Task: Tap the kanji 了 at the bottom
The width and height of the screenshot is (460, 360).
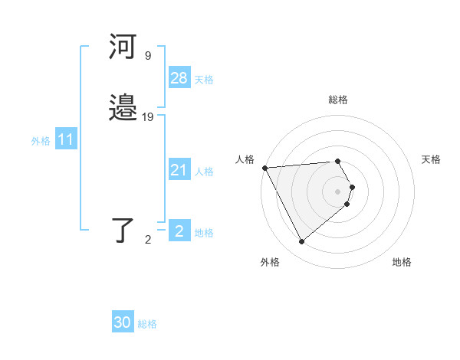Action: [x=123, y=229]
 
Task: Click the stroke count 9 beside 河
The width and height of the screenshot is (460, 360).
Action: [x=147, y=55]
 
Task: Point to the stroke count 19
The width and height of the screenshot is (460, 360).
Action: [x=148, y=117]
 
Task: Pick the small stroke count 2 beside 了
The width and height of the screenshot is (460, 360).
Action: [x=148, y=240]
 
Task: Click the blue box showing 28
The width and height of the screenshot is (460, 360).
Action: [x=179, y=78]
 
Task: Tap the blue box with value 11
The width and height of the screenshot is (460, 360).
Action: [x=66, y=140]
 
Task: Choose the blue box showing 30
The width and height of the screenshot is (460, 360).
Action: [x=123, y=322]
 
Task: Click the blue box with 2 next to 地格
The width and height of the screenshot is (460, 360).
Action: [x=179, y=231]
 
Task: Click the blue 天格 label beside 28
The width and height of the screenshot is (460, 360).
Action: [x=204, y=80]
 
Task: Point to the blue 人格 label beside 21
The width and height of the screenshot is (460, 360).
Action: [x=204, y=172]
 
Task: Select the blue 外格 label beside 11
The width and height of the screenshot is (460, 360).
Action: [x=41, y=141]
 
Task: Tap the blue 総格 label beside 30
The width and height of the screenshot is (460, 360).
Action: [x=147, y=324]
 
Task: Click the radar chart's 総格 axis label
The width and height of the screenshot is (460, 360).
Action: [x=338, y=100]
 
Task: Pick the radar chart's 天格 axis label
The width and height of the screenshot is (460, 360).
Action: [x=431, y=159]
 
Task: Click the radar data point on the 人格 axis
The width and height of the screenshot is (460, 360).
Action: [x=264, y=168]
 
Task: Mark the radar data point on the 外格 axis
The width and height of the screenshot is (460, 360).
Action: [x=301, y=242]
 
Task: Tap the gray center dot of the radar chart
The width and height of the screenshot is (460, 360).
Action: [x=338, y=191]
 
